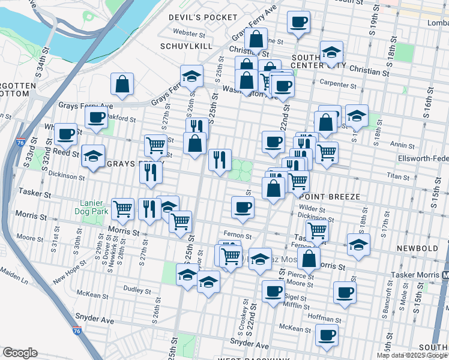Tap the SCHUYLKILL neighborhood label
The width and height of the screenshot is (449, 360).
click(x=187, y=46)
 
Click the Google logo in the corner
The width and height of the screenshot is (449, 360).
click(x=20, y=353)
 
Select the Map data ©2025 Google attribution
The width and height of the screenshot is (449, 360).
click(x=412, y=355)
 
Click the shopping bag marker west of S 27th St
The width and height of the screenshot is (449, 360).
click(x=122, y=85)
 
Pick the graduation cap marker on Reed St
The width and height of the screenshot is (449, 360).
click(x=93, y=155)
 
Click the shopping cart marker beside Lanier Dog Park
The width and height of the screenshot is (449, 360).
click(x=122, y=209)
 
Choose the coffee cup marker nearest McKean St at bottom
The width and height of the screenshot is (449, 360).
click(x=327, y=335)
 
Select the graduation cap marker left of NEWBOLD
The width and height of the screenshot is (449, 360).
click(x=358, y=244)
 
